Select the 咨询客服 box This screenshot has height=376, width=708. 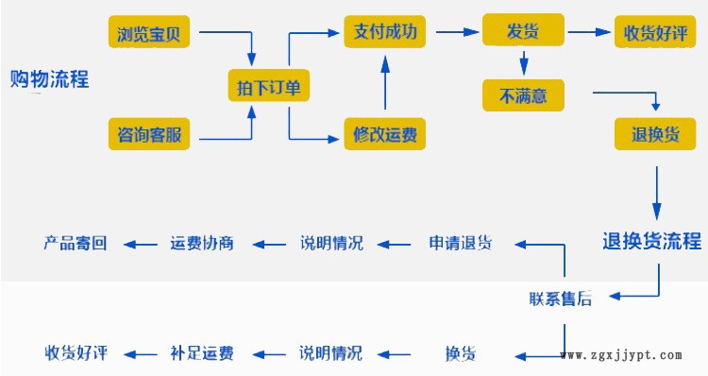point(149,135)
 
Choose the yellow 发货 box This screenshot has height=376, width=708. point(524,30)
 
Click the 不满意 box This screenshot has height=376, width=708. point(524,94)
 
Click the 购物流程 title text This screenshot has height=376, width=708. point(49,79)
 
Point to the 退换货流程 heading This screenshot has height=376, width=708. point(652,240)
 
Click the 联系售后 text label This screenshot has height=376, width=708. point(561,299)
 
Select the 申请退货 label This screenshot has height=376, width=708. point(460,243)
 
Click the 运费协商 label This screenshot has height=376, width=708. point(202,243)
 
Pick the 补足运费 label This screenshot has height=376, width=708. point(202,353)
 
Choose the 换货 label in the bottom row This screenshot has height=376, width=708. point(460,353)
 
